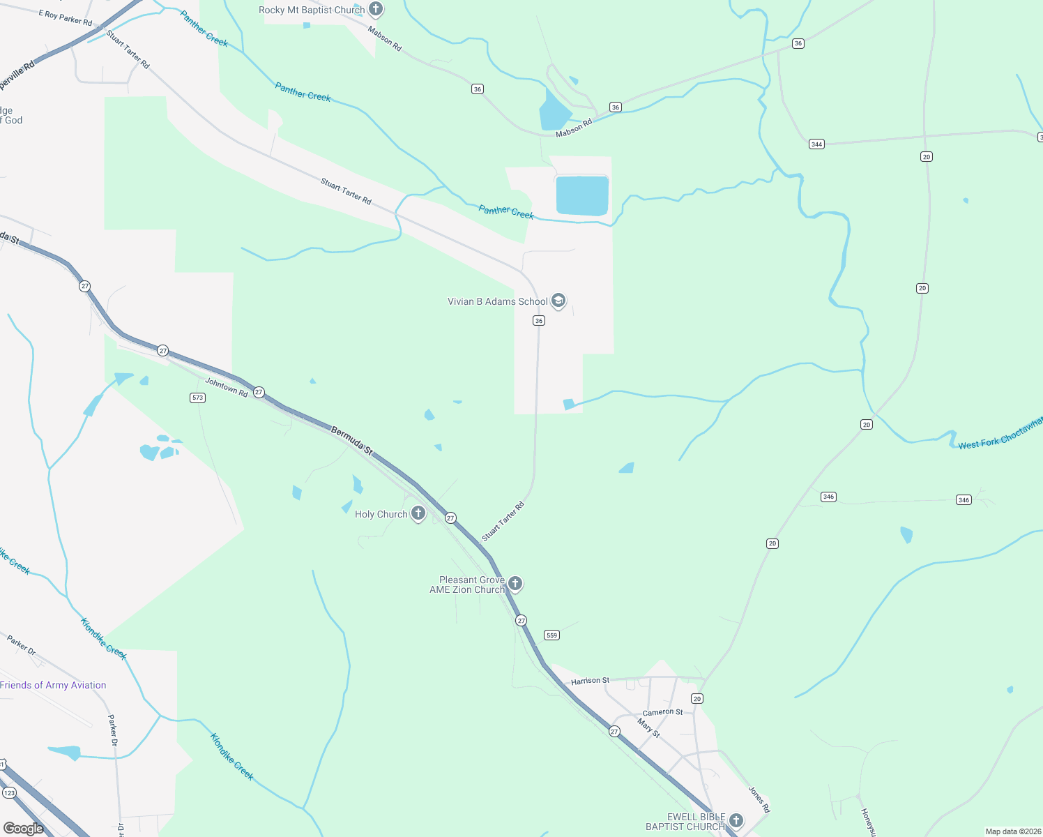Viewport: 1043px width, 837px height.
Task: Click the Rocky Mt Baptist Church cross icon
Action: click(x=376, y=10)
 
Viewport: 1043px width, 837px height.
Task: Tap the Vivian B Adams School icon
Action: click(x=558, y=301)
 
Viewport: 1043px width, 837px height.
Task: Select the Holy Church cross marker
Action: click(x=418, y=513)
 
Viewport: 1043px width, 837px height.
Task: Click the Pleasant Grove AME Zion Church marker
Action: click(x=515, y=584)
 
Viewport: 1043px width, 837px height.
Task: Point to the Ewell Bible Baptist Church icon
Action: click(x=736, y=821)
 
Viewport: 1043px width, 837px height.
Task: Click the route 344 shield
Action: click(x=816, y=144)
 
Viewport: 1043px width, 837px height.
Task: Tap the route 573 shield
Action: click(x=197, y=398)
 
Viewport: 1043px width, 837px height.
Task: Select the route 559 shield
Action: click(x=551, y=635)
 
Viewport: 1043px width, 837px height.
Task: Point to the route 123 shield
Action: click(x=9, y=793)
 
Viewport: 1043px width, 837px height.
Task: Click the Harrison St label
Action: click(x=590, y=681)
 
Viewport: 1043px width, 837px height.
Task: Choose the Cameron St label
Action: click(x=662, y=712)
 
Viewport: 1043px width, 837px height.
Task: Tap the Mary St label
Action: click(x=648, y=729)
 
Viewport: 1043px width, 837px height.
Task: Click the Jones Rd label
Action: click(x=759, y=799)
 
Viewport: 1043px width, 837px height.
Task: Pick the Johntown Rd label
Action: click(x=227, y=388)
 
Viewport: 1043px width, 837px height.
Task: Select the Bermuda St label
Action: click(x=352, y=442)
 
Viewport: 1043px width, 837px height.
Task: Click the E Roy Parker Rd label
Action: click(x=66, y=17)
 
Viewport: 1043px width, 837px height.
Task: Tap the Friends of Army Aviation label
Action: click(x=53, y=685)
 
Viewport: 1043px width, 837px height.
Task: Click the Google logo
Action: click(x=24, y=828)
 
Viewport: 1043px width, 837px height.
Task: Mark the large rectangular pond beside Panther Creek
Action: click(x=582, y=195)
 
